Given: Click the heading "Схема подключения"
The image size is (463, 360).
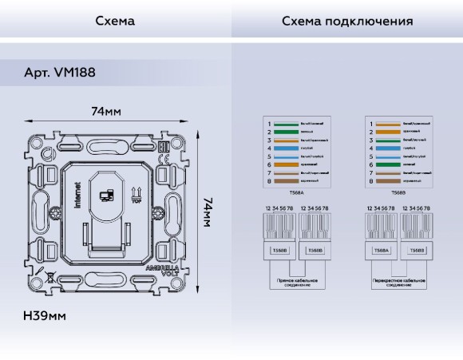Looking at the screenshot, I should coord(347,21).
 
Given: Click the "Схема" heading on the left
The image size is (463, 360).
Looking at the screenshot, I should coord(115,21).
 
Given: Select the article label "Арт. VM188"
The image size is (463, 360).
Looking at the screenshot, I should coord(60,73).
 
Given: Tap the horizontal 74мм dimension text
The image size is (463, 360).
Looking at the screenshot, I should coord(105,112).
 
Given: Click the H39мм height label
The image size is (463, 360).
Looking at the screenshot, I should coord(44,316).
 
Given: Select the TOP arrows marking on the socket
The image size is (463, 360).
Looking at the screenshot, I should coord(136,194).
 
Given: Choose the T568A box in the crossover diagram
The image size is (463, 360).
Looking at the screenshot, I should coord(382,250).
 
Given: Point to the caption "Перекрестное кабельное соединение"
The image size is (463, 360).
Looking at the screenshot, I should coord(398,283).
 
